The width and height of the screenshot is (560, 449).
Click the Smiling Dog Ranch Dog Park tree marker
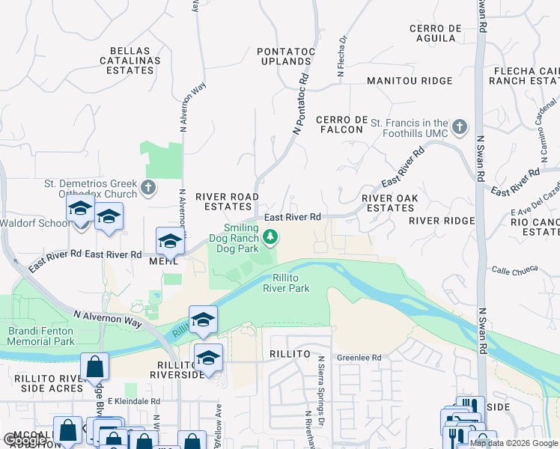(x=271, y=238)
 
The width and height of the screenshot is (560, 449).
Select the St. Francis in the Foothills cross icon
(x=460, y=124)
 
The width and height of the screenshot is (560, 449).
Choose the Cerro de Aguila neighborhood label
(x=434, y=34)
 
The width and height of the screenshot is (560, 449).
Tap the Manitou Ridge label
(x=410, y=81)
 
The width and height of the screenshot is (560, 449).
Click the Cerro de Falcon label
(x=339, y=124)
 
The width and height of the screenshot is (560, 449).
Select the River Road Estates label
(x=227, y=202)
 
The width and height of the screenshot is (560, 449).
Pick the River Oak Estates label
(x=387, y=203)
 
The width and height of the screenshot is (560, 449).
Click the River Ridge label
(x=442, y=221)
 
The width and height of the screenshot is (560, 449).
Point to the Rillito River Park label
(x=286, y=283)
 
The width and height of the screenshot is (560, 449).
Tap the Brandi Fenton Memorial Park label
(x=41, y=336)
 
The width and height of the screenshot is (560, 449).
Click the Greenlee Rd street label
(x=359, y=358)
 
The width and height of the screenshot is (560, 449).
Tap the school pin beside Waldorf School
(x=79, y=210)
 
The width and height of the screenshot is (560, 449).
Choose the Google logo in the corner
(x=24, y=440)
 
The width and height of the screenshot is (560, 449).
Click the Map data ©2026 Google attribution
(x=514, y=443)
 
